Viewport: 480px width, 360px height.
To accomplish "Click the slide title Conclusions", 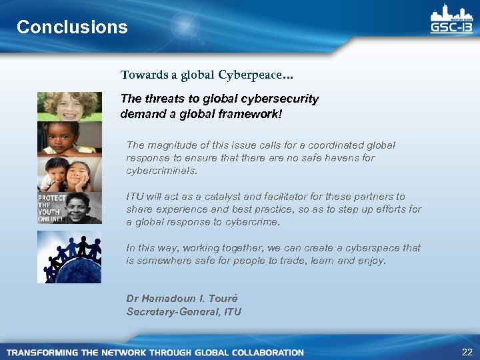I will click(72, 27).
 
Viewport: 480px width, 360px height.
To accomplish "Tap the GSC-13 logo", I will click(451, 21).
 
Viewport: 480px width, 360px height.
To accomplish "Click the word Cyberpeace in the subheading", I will click(240, 75).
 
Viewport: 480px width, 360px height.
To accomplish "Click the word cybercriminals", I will click(162, 171).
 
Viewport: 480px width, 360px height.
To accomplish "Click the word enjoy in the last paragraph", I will click(371, 261).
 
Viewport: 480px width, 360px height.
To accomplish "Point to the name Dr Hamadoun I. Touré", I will click(181, 299).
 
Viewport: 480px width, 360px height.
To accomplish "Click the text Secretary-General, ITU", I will click(184, 311).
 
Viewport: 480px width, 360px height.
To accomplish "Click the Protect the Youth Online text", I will click(51, 209).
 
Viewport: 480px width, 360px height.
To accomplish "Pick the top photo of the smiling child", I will click(69, 107).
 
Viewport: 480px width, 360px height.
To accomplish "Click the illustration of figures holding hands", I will click(69, 257).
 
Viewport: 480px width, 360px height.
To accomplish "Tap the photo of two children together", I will click(69, 175).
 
